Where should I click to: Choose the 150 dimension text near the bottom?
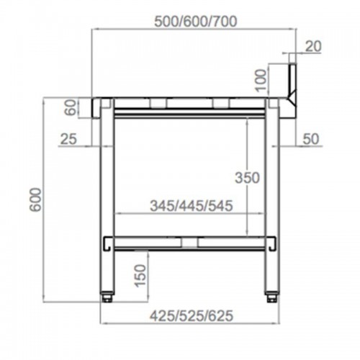point(140,274)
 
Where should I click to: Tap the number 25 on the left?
point(68,138)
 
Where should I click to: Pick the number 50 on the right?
point(310,138)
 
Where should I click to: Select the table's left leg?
point(107,194)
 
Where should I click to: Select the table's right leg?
point(273,194)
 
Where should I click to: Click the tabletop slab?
point(190,100)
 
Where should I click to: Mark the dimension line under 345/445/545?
point(190,214)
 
